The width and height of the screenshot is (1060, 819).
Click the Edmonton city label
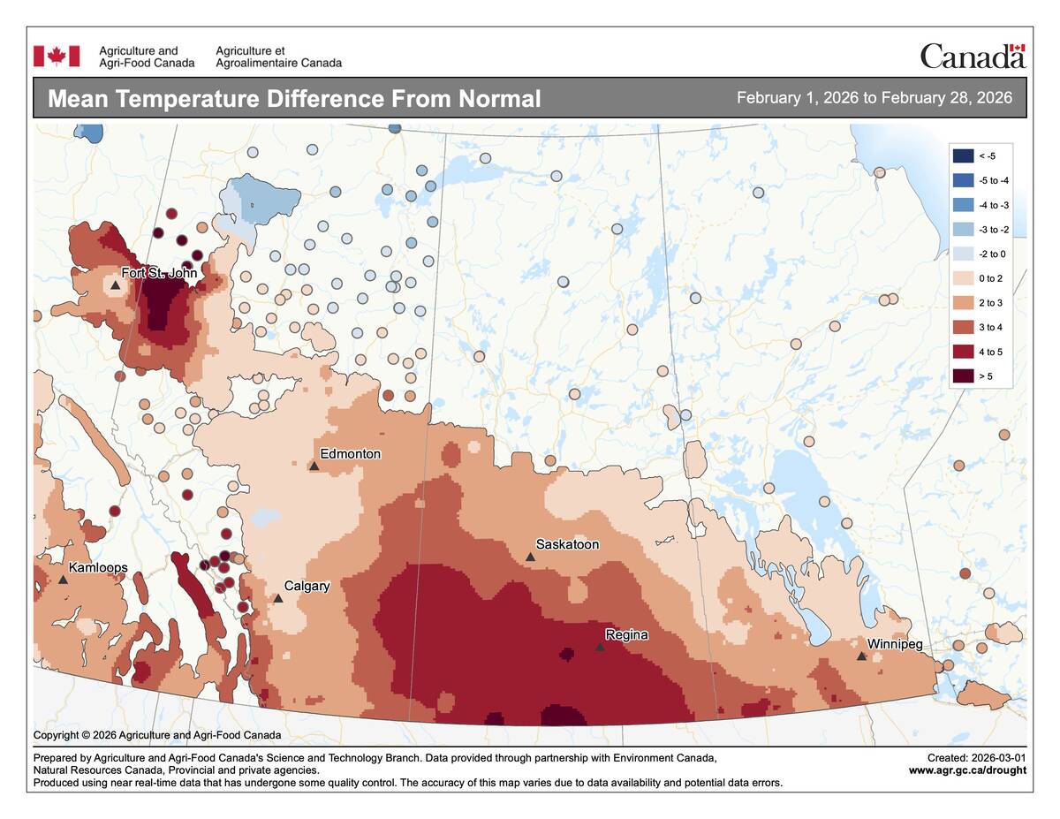coord(350,454)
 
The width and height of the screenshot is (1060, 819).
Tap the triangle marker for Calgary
coord(278,598)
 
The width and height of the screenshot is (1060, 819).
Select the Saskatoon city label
coord(567,544)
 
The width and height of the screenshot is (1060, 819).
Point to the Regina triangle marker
coord(600,648)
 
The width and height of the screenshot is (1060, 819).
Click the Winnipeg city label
coord(895,644)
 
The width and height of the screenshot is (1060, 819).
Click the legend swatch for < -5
coord(963,156)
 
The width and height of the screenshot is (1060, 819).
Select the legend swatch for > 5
coord(963,376)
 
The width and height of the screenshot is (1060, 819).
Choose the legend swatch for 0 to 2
coord(963,278)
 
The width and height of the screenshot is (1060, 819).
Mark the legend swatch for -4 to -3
coord(963,205)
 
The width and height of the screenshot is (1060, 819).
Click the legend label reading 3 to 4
coord(992,328)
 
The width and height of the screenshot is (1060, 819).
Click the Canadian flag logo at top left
coord(57,57)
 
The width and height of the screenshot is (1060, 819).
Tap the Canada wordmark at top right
coord(972,57)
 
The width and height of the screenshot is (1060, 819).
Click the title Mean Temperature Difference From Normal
coord(293,98)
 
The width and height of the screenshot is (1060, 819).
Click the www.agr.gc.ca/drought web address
coord(967,770)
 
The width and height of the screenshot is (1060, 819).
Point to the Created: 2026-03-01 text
coord(976,758)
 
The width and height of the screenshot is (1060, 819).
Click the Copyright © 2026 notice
coord(157,735)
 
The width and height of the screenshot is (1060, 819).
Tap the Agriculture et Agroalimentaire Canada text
coord(278,57)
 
